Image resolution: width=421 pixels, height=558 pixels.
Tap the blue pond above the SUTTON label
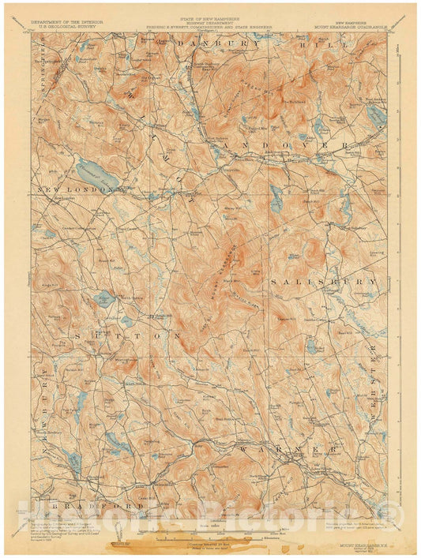[x=103, y=299]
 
